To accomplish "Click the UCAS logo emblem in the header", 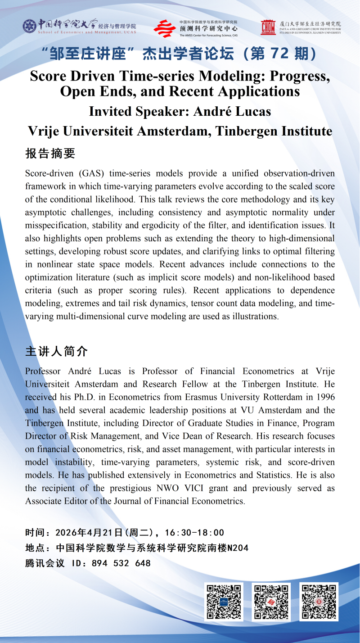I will [x=30, y=26].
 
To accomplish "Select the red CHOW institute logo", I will [x=268, y=27].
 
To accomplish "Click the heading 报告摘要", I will [x=50, y=154].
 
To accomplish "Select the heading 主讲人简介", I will [x=57, y=351].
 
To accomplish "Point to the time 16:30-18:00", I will [x=194, y=533].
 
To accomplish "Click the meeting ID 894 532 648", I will [x=121, y=563].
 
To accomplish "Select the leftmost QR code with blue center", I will [x=224, y=602].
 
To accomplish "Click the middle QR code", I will [x=271, y=602].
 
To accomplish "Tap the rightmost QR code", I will [x=319, y=602].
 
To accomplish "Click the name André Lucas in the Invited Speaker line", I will [x=232, y=111].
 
